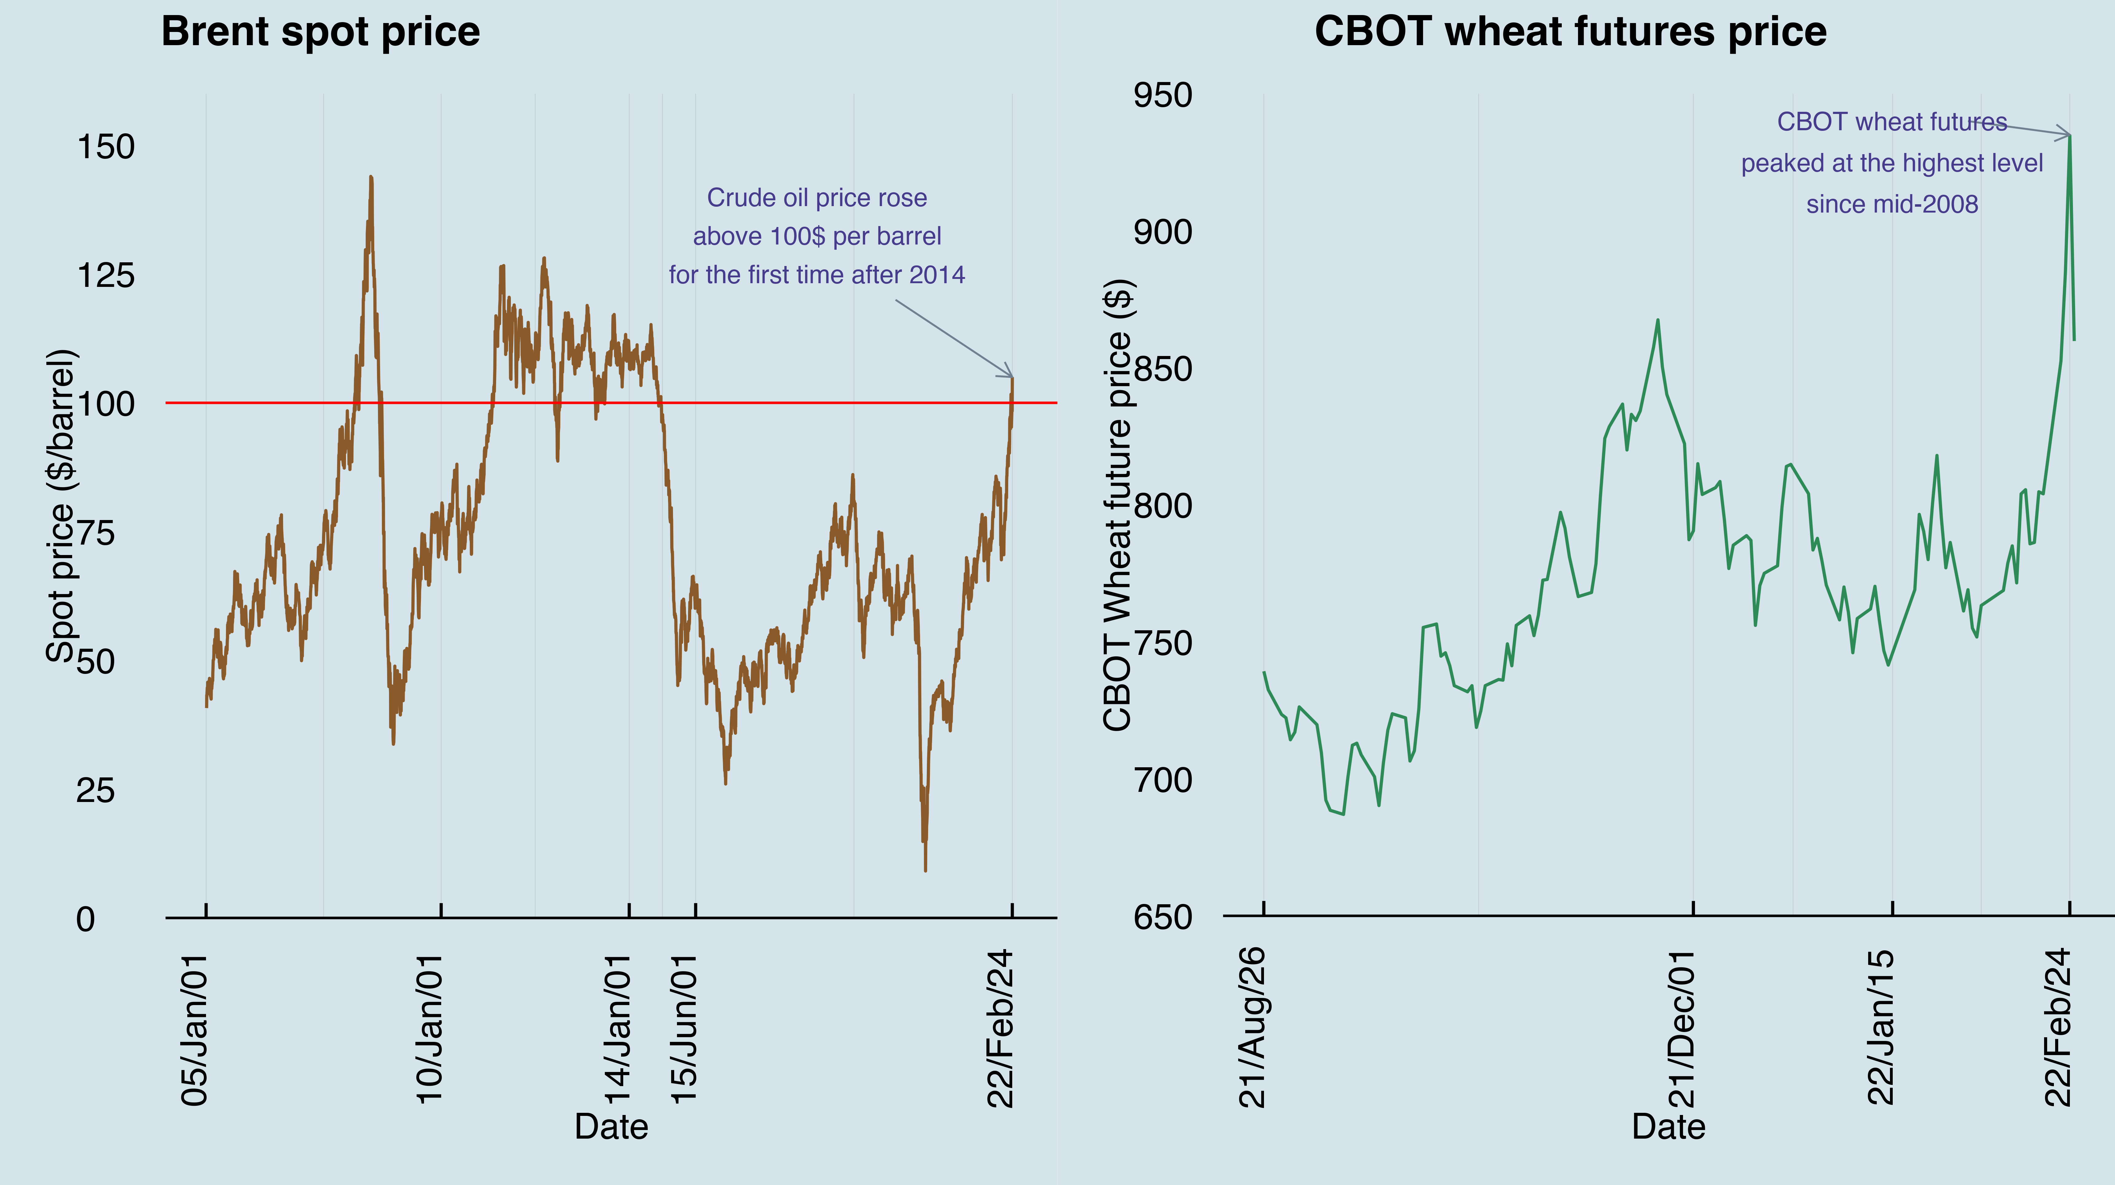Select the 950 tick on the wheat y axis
[x=1163, y=95]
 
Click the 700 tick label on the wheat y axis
[x=1163, y=780]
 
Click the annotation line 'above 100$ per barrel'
[x=817, y=237]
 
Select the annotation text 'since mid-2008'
[x=1892, y=205]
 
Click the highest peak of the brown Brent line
[x=371, y=177]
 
